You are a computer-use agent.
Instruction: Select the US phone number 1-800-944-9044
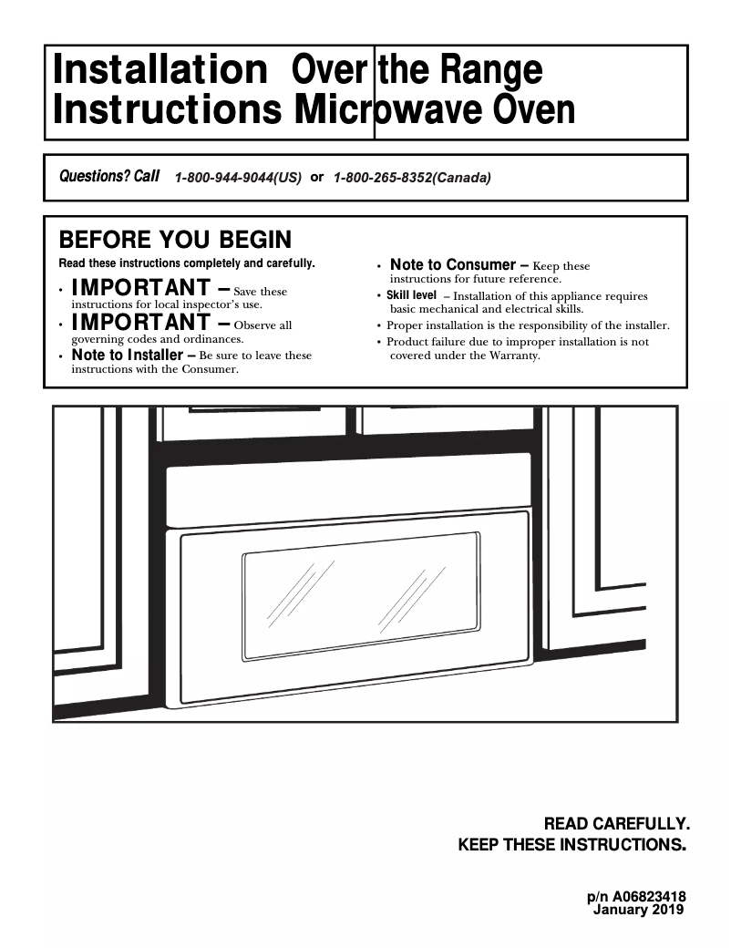(x=238, y=178)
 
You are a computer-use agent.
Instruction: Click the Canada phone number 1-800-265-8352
(x=412, y=178)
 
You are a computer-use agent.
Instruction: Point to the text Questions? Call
(x=109, y=176)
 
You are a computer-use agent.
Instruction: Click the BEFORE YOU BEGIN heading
(x=175, y=240)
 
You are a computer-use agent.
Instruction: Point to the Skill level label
(x=411, y=295)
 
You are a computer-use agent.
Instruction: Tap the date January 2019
(x=638, y=910)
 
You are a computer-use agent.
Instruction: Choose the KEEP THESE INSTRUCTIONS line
(x=571, y=845)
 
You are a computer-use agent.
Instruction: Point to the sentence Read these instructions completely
(x=187, y=264)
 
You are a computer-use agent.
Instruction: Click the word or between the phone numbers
(x=317, y=177)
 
